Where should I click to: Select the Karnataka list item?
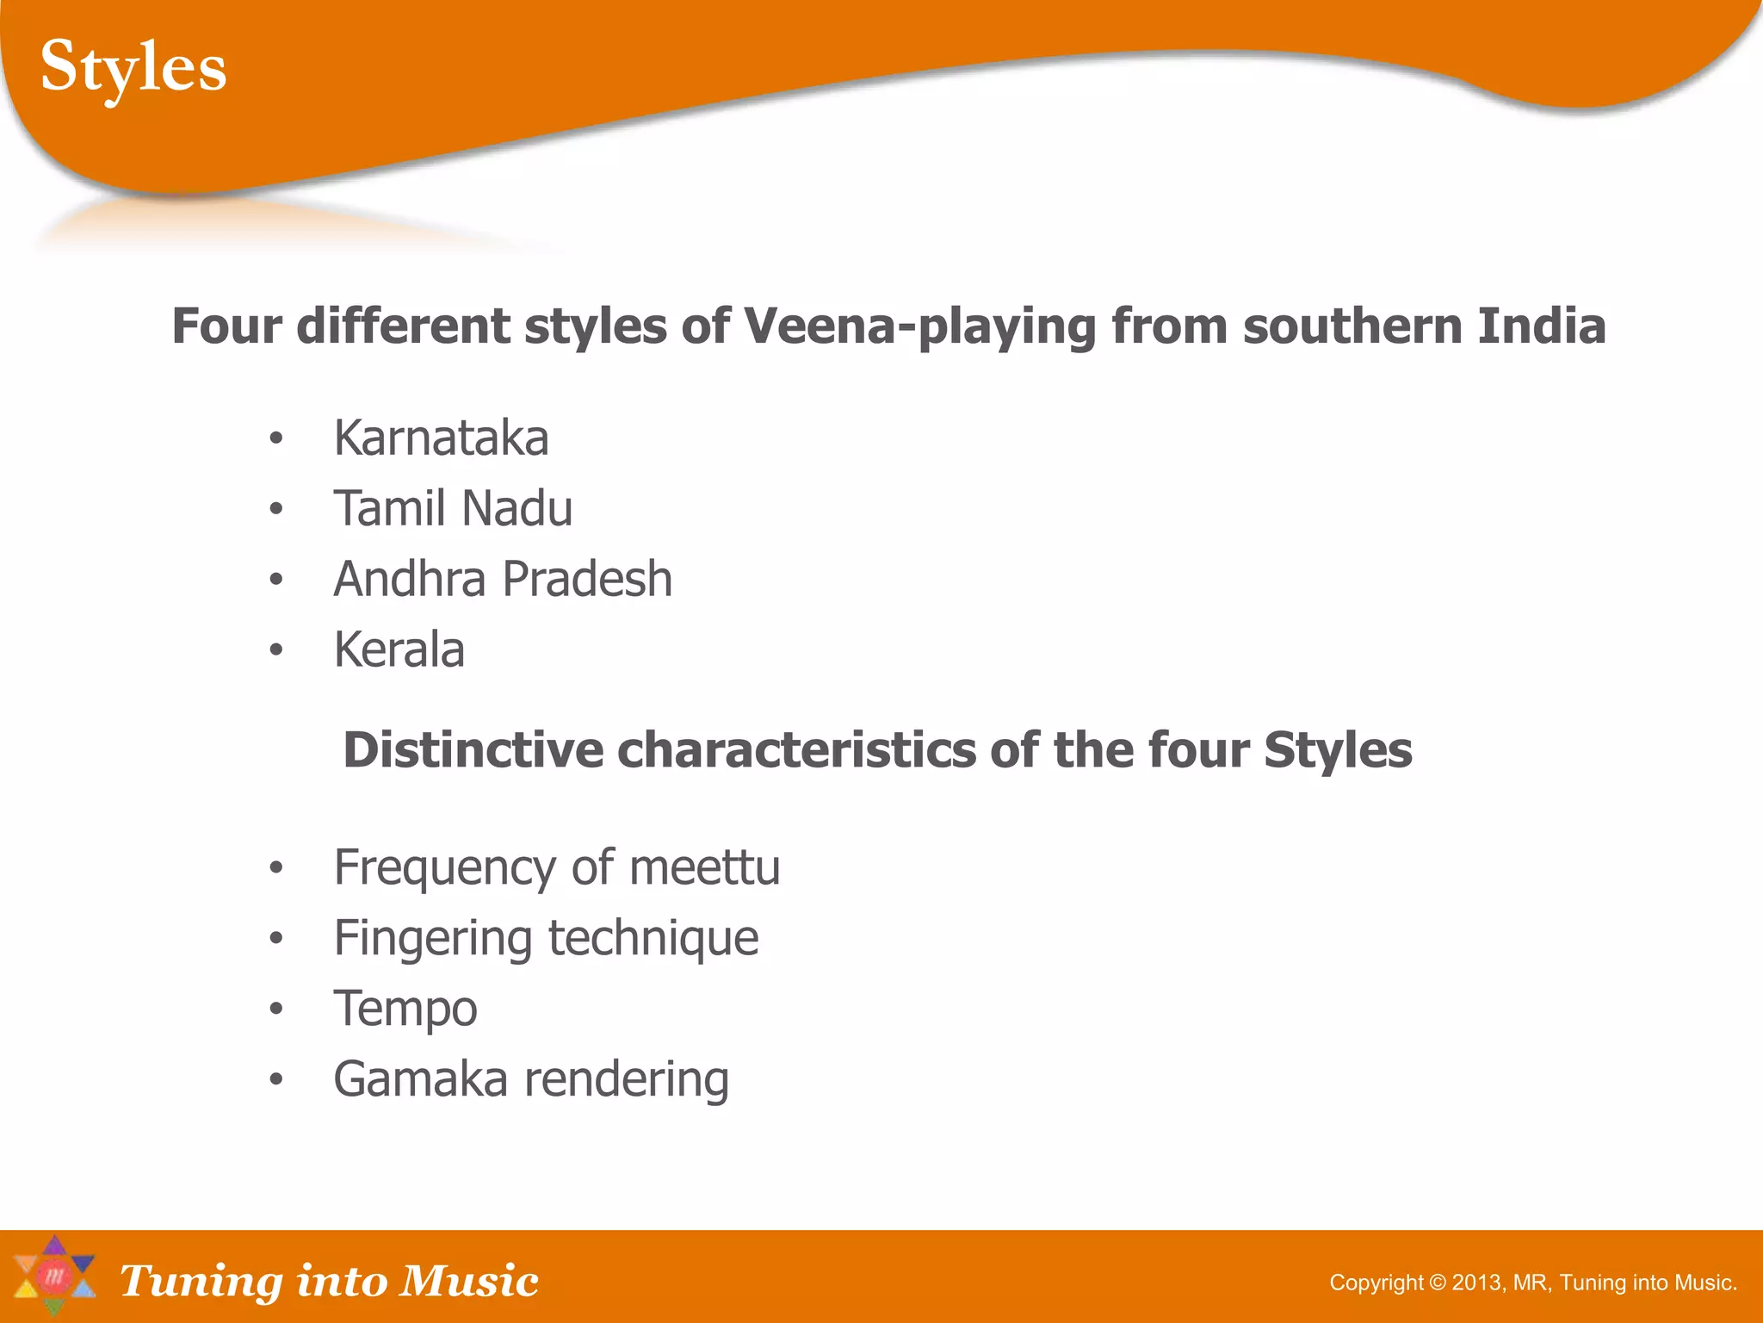point(441,438)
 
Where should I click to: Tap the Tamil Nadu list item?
point(453,508)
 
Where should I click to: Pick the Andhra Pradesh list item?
point(503,579)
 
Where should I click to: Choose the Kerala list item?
point(399,649)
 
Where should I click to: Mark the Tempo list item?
point(405,1009)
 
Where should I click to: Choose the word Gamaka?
point(420,1079)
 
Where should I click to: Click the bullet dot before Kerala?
point(275,650)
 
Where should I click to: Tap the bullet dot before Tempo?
point(275,1009)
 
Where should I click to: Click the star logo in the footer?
point(54,1276)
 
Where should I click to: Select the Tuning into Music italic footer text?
point(329,1281)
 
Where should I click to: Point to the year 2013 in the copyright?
point(1476,1283)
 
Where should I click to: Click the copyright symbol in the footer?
point(1437,1283)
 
